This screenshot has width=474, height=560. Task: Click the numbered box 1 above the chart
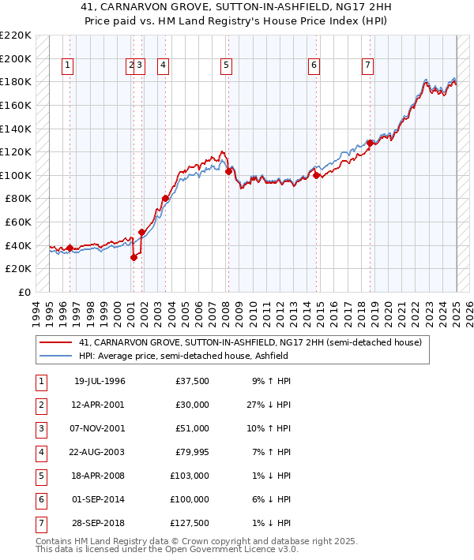69,65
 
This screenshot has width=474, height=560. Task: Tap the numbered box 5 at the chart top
226,65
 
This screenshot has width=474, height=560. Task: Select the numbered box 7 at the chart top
368,65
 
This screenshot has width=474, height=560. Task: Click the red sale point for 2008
228,170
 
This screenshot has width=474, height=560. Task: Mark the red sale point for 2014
316,175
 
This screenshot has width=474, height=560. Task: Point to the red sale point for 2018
370,143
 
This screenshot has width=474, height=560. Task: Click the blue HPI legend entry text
182,356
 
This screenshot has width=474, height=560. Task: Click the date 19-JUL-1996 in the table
100,382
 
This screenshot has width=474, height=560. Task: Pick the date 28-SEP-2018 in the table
100,522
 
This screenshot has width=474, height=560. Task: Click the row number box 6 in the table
41,499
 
